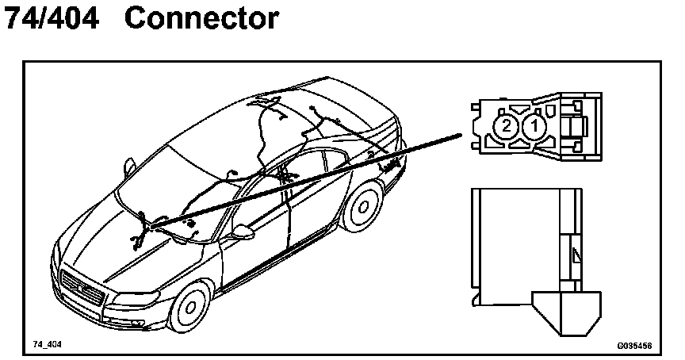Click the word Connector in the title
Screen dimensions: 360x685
pos(201,19)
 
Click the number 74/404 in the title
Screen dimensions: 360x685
pos(52,19)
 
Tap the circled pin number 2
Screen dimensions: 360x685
pos(504,126)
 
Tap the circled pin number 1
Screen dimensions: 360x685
pos(534,126)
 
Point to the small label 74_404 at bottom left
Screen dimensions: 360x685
pos(47,345)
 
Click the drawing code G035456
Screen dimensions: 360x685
pos(634,347)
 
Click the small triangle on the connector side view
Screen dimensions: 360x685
pos(575,255)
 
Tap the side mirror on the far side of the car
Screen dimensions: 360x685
pos(128,166)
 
